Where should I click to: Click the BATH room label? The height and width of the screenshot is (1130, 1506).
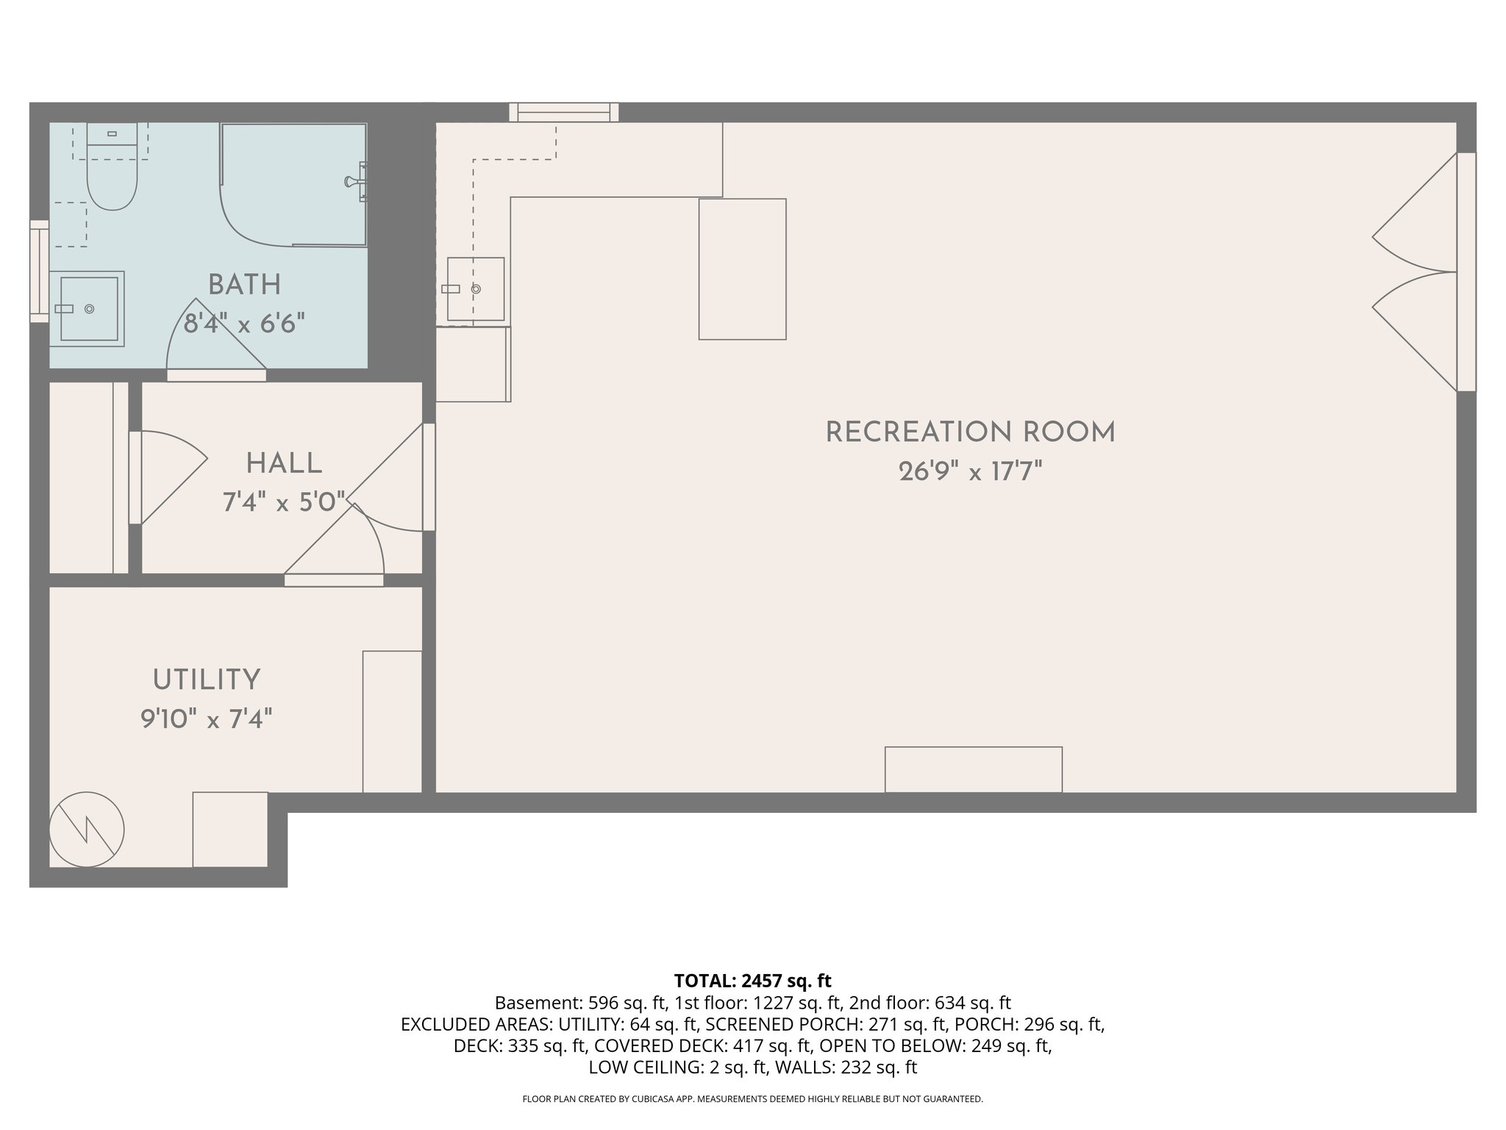pyautogui.click(x=244, y=285)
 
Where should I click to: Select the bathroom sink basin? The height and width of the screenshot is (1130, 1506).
pyautogui.click(x=88, y=309)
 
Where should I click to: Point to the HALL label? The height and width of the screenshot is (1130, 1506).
pyautogui.click(x=284, y=464)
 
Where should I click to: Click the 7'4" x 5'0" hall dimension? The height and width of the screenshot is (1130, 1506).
pyautogui.click(x=284, y=503)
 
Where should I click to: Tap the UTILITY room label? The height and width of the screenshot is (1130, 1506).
pyautogui.click(x=207, y=680)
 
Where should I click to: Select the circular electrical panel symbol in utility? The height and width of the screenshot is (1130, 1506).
pyautogui.click(x=87, y=829)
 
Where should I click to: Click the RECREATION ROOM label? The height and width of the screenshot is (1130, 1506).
pyautogui.click(x=970, y=433)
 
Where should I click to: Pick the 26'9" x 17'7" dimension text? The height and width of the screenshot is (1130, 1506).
pyautogui.click(x=970, y=472)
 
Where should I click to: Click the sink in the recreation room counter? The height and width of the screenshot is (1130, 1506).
pyautogui.click(x=476, y=289)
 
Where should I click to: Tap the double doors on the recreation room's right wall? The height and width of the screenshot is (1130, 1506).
pyautogui.click(x=1416, y=272)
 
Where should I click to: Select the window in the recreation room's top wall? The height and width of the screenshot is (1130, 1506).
pyautogui.click(x=564, y=113)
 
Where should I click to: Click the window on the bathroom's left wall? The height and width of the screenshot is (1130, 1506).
pyautogui.click(x=39, y=271)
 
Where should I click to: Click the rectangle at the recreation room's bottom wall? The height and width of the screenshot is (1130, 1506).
pyautogui.click(x=973, y=770)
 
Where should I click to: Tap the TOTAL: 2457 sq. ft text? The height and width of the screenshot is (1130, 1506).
pyautogui.click(x=752, y=981)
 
